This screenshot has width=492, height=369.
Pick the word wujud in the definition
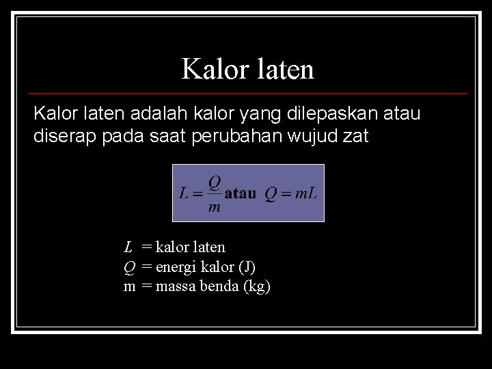click(319, 136)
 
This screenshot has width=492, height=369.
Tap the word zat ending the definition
click(356, 136)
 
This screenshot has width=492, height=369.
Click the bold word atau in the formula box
click(241, 193)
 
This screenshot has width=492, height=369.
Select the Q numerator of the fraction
click(214, 183)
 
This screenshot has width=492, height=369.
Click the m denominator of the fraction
click(214, 207)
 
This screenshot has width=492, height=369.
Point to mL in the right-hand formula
click(305, 194)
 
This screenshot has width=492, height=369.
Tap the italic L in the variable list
click(128, 247)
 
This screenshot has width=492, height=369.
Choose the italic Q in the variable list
click(128, 266)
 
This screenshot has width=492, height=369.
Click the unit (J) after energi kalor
click(247, 266)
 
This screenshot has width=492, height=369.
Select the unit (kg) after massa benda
click(257, 286)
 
